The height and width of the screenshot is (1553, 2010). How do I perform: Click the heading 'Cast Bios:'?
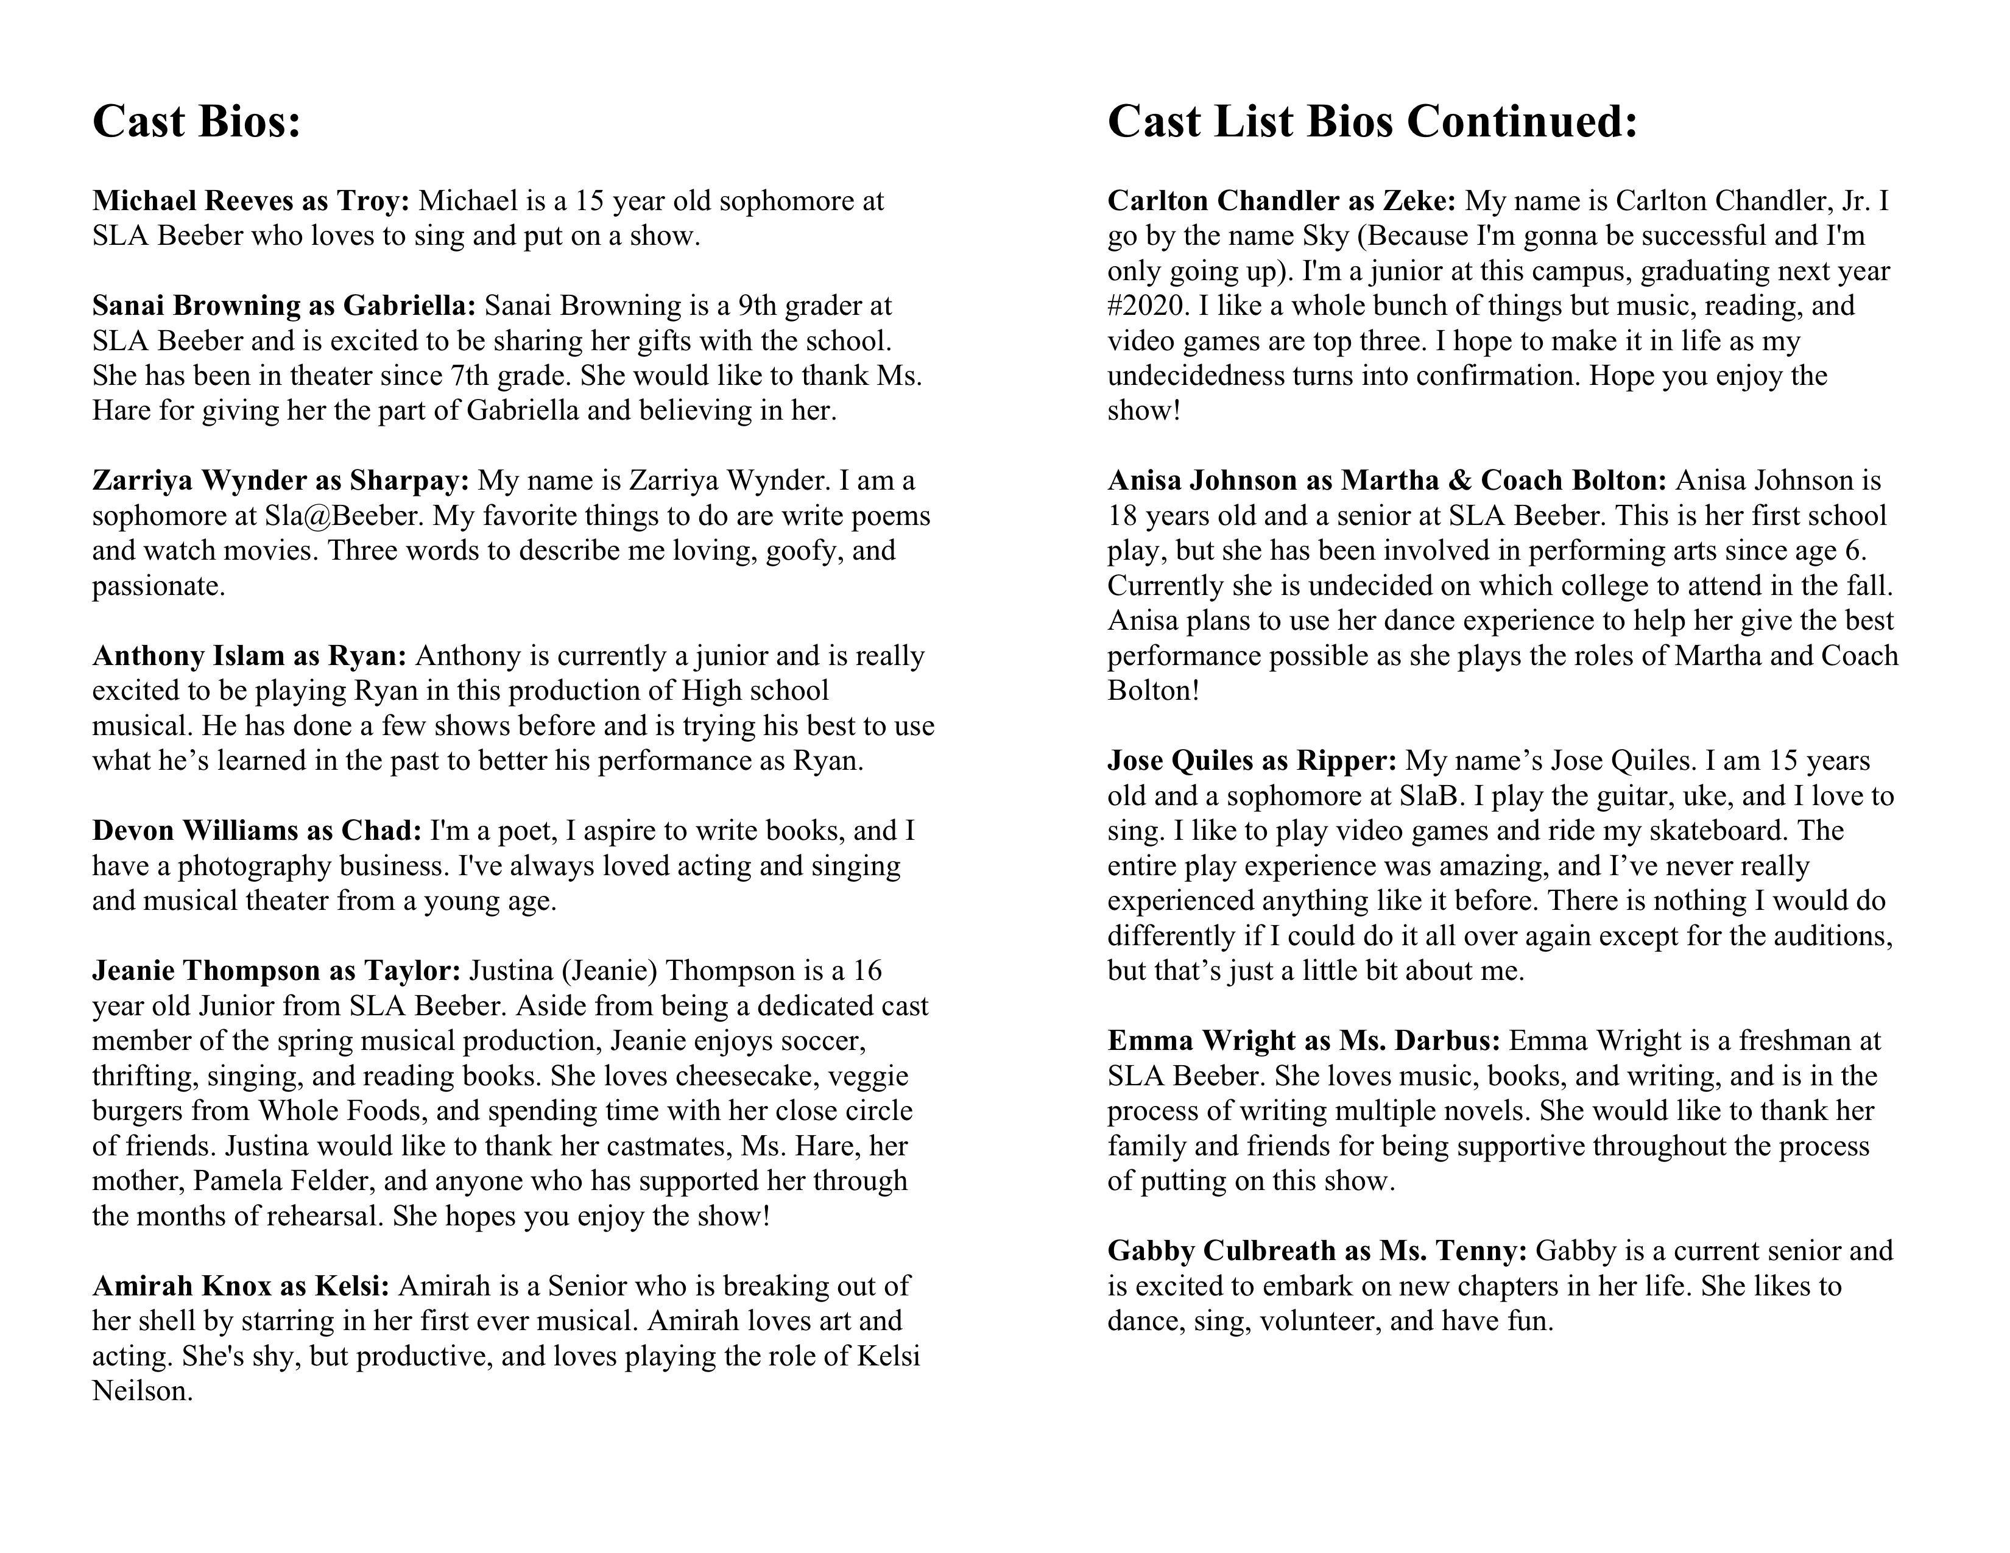click(x=197, y=121)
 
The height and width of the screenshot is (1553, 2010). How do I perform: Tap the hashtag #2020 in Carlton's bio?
click(x=1145, y=306)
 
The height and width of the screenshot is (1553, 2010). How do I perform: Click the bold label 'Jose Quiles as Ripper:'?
click(x=1252, y=761)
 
